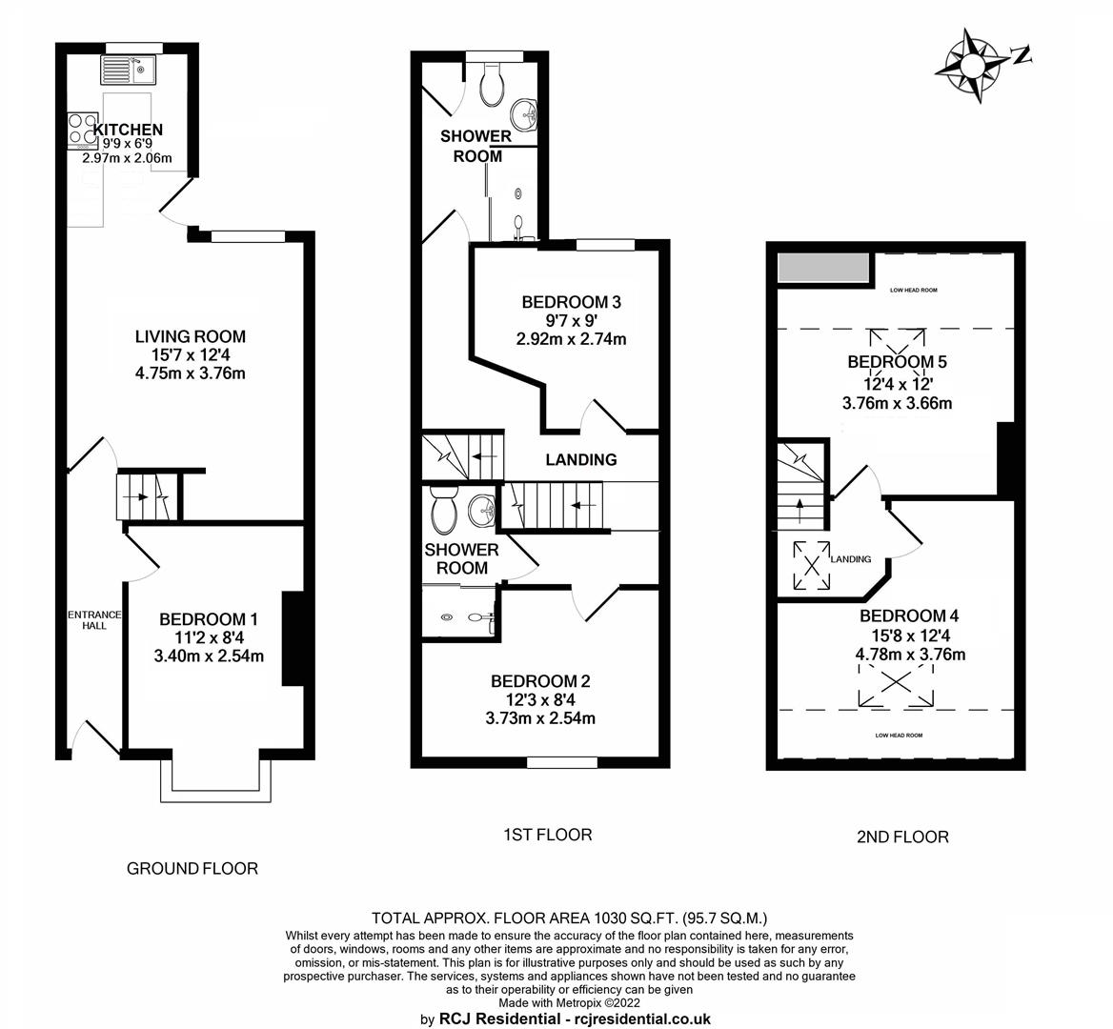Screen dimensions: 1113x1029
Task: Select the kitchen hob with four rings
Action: [82, 131]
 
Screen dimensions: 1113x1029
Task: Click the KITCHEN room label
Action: [129, 130]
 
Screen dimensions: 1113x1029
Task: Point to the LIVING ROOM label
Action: [191, 336]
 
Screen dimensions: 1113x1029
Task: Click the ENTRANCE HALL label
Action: [94, 619]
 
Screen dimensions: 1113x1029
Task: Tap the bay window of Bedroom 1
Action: [215, 779]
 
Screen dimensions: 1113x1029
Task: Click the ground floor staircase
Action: [148, 496]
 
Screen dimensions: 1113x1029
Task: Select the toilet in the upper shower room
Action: [492, 85]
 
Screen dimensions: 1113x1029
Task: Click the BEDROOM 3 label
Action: [572, 302]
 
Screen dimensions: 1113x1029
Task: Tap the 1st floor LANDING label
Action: [581, 460]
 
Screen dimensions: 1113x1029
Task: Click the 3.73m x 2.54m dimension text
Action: [540, 718]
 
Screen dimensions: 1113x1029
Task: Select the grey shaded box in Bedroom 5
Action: [824, 268]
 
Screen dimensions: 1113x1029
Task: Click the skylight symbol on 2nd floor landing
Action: [811, 566]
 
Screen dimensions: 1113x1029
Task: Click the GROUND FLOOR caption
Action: [192, 869]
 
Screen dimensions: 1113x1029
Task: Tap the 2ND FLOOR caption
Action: [903, 837]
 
